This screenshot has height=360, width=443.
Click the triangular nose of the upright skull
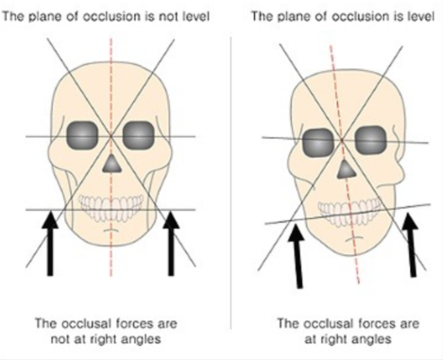111,164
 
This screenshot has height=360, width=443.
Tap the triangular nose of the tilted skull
346,170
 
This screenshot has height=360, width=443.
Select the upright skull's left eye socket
82,135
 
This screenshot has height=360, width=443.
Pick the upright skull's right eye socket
138,135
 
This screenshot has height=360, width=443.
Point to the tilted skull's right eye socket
370,140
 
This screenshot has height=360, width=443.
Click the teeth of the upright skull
111,207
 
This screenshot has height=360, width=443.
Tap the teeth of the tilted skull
349,212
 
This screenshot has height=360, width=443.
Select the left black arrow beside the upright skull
50,244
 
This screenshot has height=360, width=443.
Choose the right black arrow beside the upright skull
171,244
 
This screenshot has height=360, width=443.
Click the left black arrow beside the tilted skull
298,256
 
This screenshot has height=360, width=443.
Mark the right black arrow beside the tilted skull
411,245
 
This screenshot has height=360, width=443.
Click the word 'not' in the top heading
169,16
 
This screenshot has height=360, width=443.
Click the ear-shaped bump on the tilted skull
399,158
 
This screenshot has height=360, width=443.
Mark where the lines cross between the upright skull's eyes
111,136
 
